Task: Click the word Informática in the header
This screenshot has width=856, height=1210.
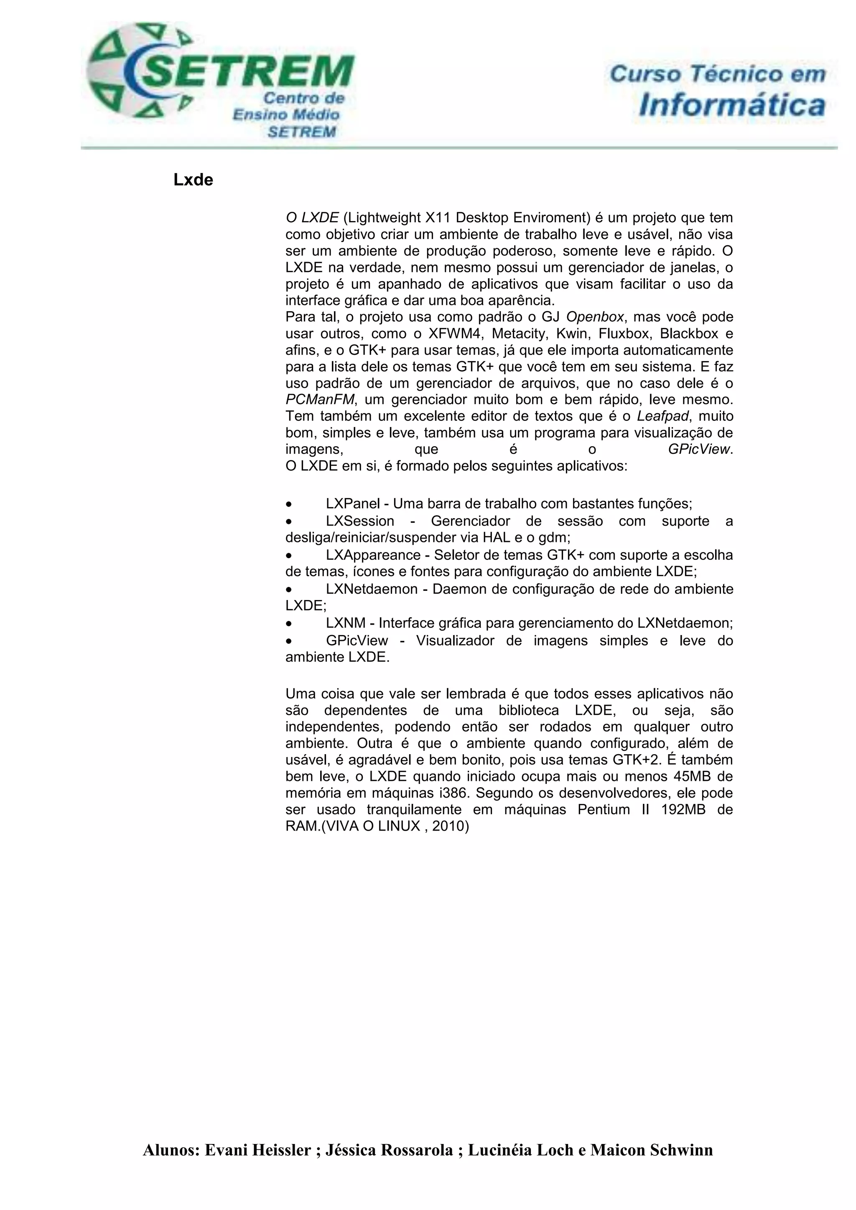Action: (x=731, y=105)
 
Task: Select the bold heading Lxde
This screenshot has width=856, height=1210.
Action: (x=193, y=180)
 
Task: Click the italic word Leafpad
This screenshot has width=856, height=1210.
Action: (x=662, y=416)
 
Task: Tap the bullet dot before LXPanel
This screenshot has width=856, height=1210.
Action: (x=288, y=504)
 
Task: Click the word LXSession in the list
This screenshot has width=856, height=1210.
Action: (x=359, y=521)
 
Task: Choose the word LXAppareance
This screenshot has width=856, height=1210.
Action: (x=373, y=555)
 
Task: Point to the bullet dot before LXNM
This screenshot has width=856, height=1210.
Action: (x=288, y=623)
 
